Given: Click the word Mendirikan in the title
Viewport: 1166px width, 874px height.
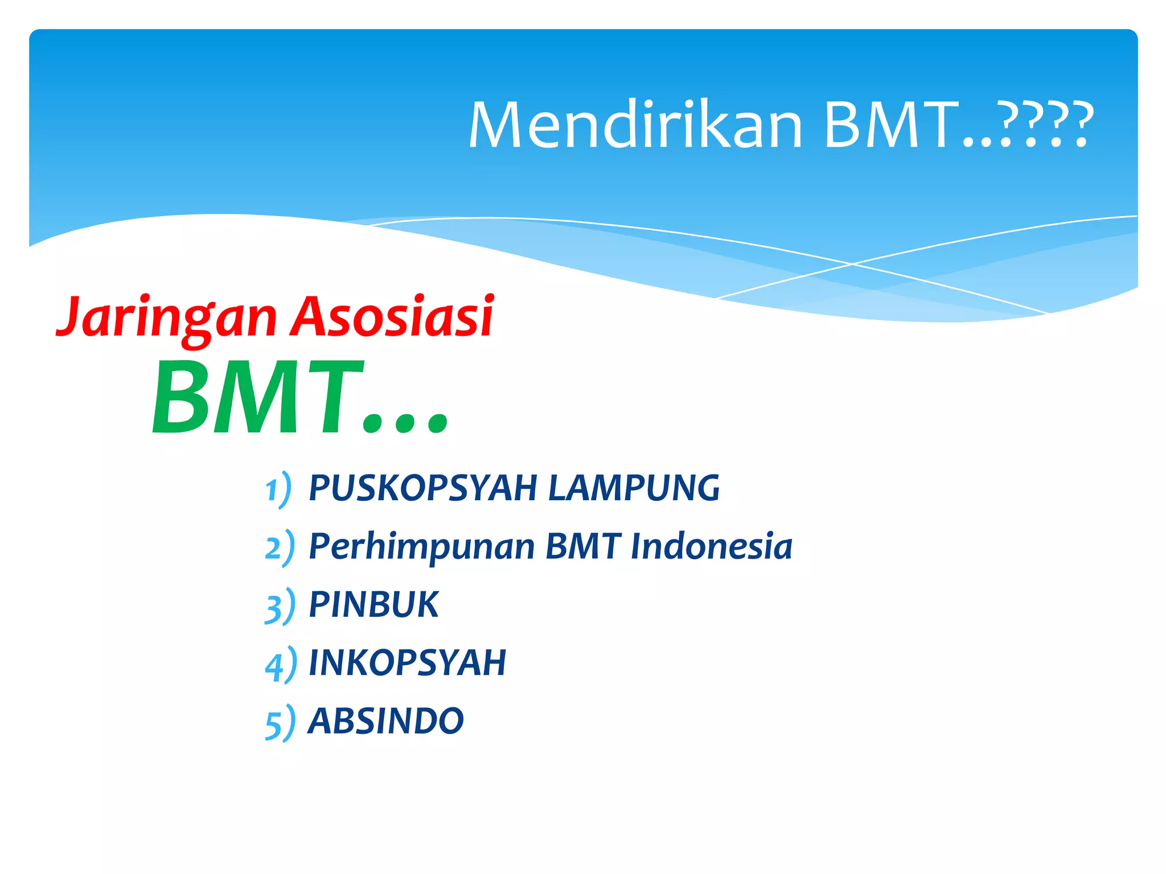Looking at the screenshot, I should [x=635, y=125].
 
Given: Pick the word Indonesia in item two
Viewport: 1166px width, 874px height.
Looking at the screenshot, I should [x=711, y=546].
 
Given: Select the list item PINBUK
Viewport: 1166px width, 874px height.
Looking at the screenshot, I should [x=373, y=604].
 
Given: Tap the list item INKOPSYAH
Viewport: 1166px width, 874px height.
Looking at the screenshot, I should [x=407, y=663].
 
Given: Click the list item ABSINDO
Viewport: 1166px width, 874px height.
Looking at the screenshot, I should [x=385, y=721].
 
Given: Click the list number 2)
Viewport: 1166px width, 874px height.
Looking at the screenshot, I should [x=280, y=548].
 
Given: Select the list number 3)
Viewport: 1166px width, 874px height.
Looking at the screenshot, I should [x=280, y=607].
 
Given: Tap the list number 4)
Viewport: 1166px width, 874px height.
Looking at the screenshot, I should [x=280, y=665].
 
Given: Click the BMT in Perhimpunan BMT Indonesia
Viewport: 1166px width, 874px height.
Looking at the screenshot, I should [x=582, y=546].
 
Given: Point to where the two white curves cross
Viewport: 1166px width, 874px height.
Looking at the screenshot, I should [x=852, y=264].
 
